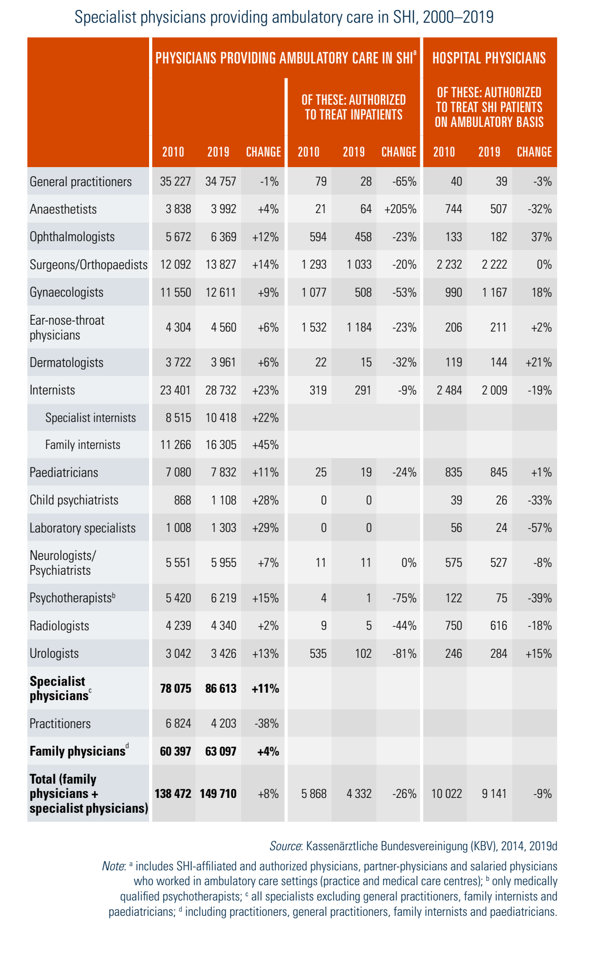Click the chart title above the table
(x=284, y=17)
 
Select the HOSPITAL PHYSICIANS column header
(x=489, y=58)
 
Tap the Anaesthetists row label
(x=63, y=209)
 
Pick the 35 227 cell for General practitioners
(x=175, y=181)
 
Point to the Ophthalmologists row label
(x=72, y=236)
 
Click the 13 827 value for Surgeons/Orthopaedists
(x=220, y=264)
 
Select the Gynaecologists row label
(x=67, y=292)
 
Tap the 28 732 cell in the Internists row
(x=220, y=390)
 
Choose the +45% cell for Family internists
(x=265, y=445)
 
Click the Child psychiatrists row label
(x=74, y=500)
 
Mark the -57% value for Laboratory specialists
(x=539, y=528)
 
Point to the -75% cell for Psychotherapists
(x=404, y=598)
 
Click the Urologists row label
(x=54, y=654)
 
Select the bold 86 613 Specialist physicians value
(x=220, y=688)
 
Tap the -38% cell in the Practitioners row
(x=266, y=723)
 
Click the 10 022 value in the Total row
(x=446, y=794)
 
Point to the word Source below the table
(x=285, y=846)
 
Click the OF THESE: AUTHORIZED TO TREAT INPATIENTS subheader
(x=354, y=107)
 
